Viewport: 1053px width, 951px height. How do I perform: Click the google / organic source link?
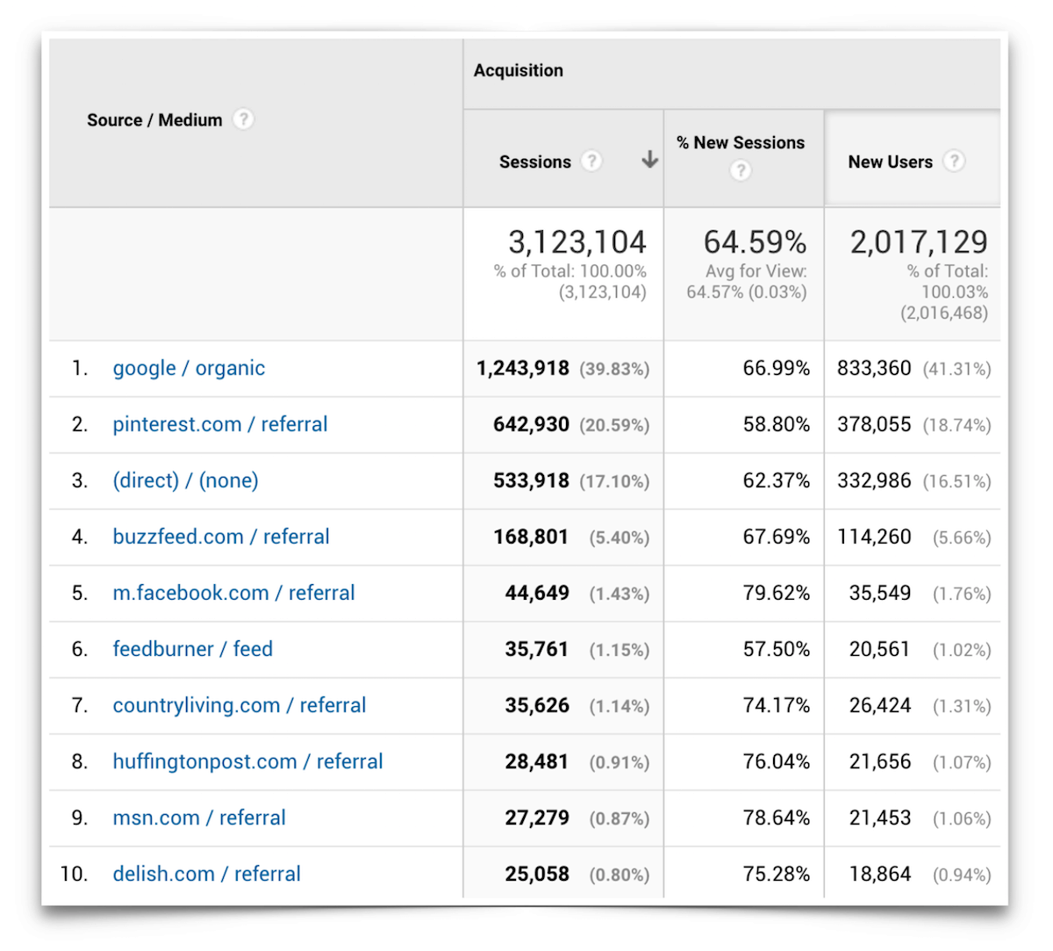pos(189,369)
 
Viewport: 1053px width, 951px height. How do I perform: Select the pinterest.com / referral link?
pos(219,425)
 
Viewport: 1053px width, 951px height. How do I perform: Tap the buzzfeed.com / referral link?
pos(220,537)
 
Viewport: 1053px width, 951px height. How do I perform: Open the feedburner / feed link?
pos(192,650)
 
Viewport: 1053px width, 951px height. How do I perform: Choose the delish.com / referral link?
pos(206,875)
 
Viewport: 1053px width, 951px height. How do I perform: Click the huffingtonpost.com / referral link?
pos(247,762)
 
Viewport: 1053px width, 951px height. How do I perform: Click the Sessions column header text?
pos(534,162)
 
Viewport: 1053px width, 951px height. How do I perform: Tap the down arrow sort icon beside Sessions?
pos(649,160)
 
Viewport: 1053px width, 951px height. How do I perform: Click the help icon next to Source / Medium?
pos(243,119)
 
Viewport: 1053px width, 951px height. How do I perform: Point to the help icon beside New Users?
pos(954,162)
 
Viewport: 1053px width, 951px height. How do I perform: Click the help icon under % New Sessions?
pos(741,170)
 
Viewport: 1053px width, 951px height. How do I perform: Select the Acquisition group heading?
pos(518,71)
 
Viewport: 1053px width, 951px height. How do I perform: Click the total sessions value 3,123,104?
pos(577,242)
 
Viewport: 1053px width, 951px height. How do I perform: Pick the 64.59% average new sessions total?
pos(755,242)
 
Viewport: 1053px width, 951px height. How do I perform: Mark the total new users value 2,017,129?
pos(918,242)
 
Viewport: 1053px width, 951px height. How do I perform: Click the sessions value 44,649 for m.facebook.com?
pos(536,594)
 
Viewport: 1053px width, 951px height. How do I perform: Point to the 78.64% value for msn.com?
pos(776,818)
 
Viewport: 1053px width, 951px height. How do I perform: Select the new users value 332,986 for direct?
pos(874,481)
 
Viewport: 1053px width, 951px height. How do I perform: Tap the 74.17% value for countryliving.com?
pos(776,706)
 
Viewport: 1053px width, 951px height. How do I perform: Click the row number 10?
pos(74,875)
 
